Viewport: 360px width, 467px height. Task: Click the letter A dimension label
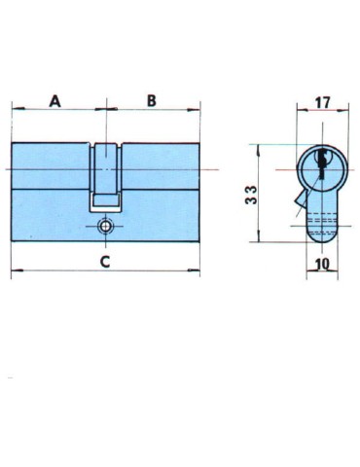(55, 100)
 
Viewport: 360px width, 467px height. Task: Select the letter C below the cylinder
(105, 261)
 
